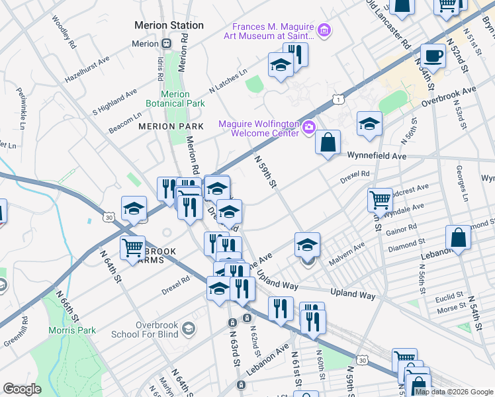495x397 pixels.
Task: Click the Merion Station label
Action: coord(169,25)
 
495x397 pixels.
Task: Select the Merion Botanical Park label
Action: coord(175,99)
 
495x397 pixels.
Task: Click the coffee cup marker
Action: coord(433,56)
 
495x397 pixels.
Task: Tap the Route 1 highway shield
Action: coord(338,99)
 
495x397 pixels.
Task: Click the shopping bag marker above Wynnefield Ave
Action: coord(328,142)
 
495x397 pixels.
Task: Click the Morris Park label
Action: coord(71,330)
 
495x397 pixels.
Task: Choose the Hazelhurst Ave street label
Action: coord(87,69)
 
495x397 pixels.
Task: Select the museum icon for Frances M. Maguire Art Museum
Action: coord(324,30)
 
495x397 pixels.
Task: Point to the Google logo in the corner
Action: coord(22,389)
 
